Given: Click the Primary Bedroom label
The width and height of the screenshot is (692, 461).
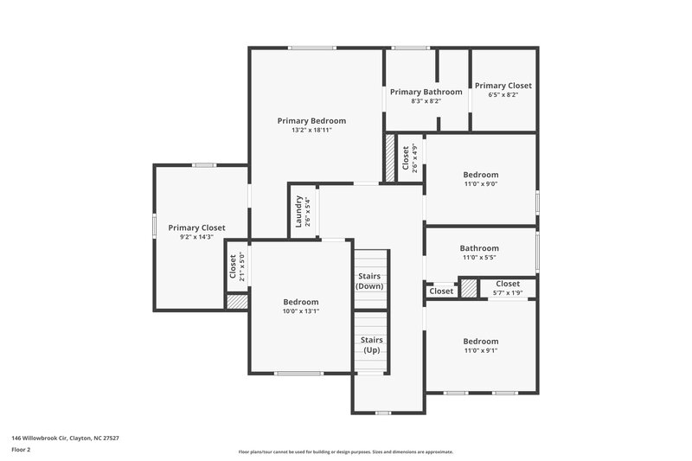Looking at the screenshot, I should click(x=311, y=121).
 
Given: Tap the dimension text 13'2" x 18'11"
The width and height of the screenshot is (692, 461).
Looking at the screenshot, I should click(x=311, y=131).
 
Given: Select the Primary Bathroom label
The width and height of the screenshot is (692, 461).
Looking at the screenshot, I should click(x=426, y=92).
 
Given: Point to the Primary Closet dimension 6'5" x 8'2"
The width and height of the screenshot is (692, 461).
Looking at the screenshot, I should click(x=503, y=95).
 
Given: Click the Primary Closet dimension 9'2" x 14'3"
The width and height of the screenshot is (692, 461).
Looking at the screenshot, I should click(x=196, y=237).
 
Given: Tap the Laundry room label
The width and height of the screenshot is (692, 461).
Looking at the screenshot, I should click(x=298, y=212).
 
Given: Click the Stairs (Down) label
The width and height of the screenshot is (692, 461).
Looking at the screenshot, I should click(x=370, y=281).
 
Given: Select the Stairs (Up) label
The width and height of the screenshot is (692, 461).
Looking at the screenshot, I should click(x=370, y=345).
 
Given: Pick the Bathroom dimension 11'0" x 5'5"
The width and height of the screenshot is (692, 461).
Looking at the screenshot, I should click(x=479, y=258).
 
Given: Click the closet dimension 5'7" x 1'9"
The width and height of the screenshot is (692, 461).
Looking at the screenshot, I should click(x=508, y=293).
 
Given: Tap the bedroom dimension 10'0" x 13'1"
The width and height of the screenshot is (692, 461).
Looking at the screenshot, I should click(x=301, y=311).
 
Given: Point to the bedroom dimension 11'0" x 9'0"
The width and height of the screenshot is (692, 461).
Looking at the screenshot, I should click(x=480, y=183).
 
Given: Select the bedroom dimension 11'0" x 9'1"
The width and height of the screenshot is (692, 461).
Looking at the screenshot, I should click(x=480, y=350).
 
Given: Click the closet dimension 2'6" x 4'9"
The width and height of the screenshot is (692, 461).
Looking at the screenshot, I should click(x=415, y=158).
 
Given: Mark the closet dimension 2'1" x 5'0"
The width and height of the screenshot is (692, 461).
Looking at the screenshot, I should click(x=243, y=267).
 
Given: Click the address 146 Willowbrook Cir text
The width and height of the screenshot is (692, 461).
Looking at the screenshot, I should click(x=65, y=439).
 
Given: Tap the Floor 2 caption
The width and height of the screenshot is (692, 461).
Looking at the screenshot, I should click(x=21, y=451).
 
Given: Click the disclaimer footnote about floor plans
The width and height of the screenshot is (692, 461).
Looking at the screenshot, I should click(x=345, y=451).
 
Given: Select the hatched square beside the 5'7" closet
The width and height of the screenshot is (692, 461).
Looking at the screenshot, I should click(x=469, y=289).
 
